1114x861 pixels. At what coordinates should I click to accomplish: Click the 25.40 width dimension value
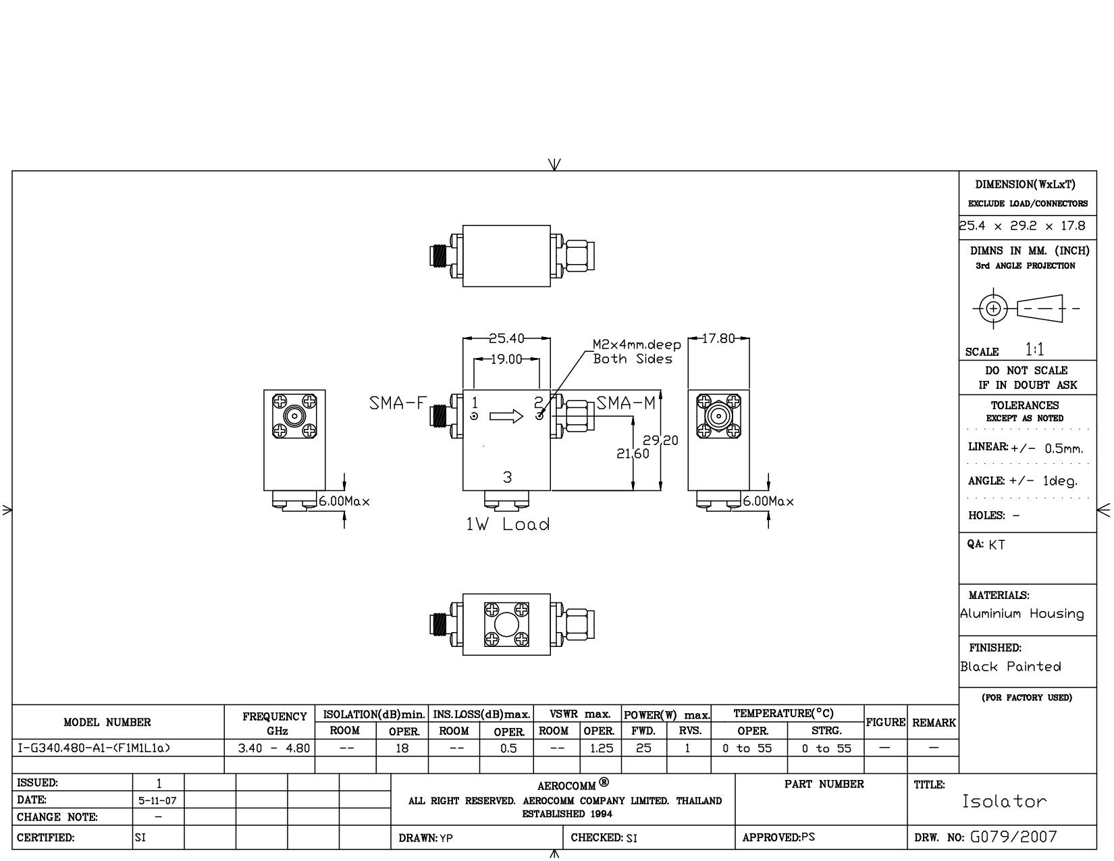tap(506, 338)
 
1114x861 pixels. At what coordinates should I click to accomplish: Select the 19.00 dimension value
tap(506, 359)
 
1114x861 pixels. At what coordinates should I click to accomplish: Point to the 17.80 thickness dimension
tap(718, 338)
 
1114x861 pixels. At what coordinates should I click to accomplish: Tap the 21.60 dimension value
tap(632, 453)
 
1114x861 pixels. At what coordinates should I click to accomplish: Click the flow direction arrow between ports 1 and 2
tap(506, 416)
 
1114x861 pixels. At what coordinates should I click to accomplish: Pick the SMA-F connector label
tap(398, 404)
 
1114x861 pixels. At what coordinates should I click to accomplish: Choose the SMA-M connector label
tap(626, 403)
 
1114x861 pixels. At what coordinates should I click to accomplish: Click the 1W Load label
tap(508, 524)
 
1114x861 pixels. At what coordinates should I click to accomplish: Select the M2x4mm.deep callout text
tap(637, 344)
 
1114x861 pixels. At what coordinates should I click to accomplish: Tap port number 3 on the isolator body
tap(507, 477)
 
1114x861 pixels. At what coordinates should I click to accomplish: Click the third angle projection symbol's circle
tap(994, 309)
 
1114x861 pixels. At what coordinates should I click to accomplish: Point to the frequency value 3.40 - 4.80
tap(273, 748)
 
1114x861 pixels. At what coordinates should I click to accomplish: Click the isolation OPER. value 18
tap(402, 748)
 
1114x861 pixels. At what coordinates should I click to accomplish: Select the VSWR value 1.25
tap(601, 748)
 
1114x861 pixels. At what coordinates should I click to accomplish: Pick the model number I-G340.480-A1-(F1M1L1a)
tap(94, 748)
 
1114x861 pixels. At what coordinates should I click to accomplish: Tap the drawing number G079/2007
tap(1013, 837)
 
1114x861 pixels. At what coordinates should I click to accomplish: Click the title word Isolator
tap(1004, 802)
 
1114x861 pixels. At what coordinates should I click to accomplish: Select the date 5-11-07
tap(157, 800)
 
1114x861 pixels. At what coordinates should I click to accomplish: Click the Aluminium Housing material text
tap(1022, 614)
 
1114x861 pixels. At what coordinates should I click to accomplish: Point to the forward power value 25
tap(643, 748)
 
